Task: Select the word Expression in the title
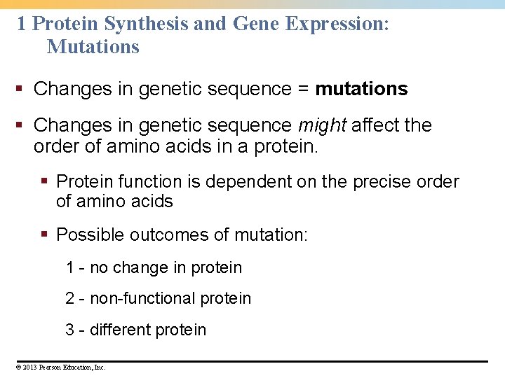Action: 335,24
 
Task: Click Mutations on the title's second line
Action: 93,47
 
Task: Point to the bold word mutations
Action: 361,89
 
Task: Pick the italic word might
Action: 322,125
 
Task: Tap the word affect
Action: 375,125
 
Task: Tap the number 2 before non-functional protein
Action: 70,298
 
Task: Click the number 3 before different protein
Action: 70,330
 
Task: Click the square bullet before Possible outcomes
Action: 46,234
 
